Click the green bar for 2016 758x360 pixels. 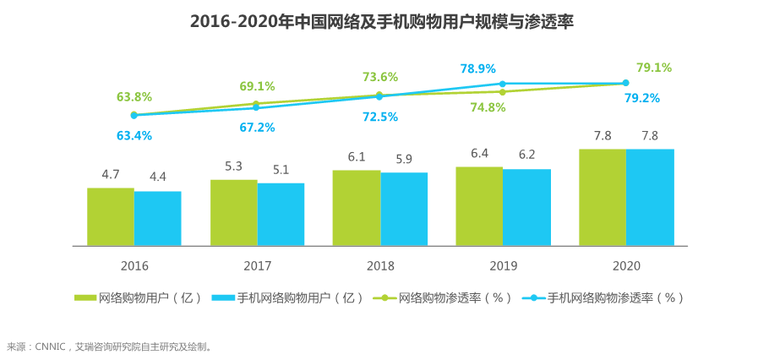point(111,216)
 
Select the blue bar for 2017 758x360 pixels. point(281,214)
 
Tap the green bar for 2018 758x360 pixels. point(356,208)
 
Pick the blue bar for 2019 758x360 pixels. point(526,207)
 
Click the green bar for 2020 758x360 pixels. point(603,197)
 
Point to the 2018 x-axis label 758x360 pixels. point(380,265)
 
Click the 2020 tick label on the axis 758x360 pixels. point(626,265)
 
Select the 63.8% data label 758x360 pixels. point(134,96)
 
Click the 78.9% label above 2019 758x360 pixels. point(477,68)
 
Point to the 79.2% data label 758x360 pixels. point(642,98)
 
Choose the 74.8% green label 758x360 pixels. point(488,107)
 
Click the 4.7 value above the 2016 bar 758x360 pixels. point(111,175)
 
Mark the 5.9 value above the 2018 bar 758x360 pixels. point(404,159)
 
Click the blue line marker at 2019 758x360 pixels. point(503,84)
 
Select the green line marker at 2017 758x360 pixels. point(257,104)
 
